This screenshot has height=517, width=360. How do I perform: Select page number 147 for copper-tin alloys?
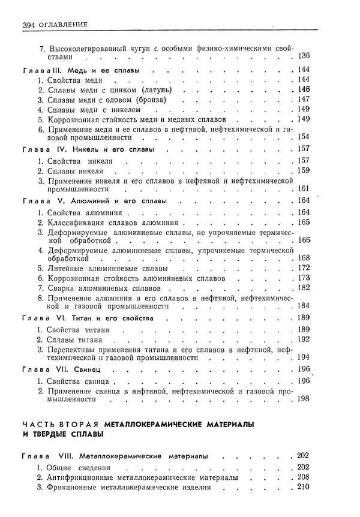(302, 99)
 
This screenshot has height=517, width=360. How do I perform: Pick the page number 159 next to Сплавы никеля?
(302, 170)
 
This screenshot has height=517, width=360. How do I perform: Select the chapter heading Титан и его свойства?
(113, 317)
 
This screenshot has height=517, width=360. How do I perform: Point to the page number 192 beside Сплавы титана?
(302, 339)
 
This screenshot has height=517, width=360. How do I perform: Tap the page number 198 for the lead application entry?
(302, 399)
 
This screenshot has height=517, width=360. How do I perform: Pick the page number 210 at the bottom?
(302, 488)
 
